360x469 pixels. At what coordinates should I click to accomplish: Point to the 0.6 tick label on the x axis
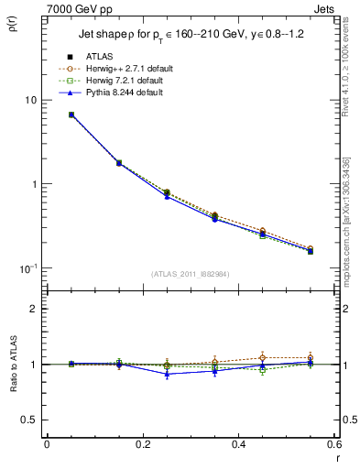point(333,444)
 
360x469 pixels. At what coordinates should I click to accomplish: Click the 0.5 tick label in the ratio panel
point(29,420)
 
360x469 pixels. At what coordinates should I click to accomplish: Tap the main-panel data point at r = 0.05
point(71,115)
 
